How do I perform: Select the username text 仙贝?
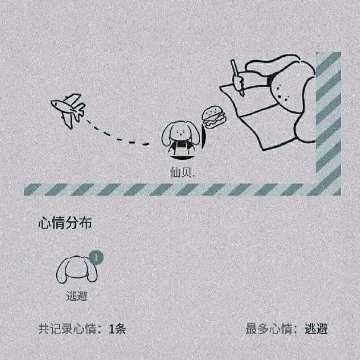click(182, 172)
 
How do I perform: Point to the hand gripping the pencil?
click(239, 83)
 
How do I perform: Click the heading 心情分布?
click(65, 224)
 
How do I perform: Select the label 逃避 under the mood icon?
click(77, 296)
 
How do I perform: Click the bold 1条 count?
click(117, 329)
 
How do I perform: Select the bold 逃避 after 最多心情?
click(316, 329)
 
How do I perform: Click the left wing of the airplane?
click(68, 120)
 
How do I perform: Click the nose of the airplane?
click(54, 104)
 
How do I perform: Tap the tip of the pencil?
click(243, 95)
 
